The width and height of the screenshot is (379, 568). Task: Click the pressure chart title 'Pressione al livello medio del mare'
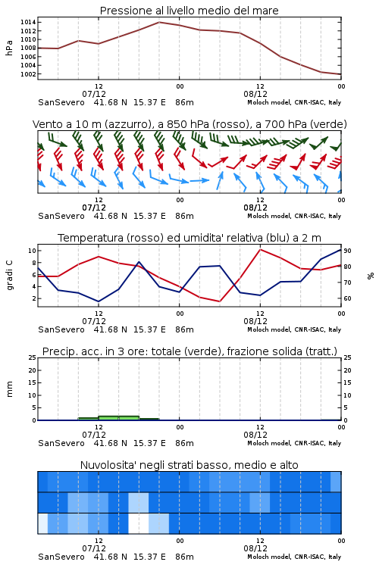tap(189, 11)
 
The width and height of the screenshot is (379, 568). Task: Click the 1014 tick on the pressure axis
tap(28, 22)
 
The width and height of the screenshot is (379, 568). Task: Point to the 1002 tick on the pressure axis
tap(28, 74)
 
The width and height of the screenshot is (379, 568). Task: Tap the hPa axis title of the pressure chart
tap(9, 48)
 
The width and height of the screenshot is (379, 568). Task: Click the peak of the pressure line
tap(159, 22)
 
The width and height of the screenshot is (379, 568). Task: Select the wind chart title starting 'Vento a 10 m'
tap(189, 124)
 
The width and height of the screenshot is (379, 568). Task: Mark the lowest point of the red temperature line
tap(220, 301)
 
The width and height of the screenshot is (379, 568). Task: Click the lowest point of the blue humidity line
tap(99, 301)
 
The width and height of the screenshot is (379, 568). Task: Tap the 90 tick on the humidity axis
tap(347, 251)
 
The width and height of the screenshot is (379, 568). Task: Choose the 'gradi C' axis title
tap(10, 275)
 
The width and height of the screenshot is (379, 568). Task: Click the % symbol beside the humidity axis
tap(371, 276)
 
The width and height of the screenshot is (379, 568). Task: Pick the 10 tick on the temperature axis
tap(32, 251)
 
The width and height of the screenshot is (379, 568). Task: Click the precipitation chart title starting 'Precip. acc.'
tap(189, 351)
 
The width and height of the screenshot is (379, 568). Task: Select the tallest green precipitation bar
tap(118, 418)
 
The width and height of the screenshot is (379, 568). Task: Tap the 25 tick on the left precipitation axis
tap(32, 357)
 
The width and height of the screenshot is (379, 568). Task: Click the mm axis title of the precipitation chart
tap(10, 389)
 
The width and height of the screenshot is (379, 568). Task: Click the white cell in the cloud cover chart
tap(139, 523)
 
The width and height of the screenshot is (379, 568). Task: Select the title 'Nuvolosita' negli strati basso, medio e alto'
tap(189, 465)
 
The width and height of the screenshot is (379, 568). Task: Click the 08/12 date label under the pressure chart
tap(255, 94)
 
